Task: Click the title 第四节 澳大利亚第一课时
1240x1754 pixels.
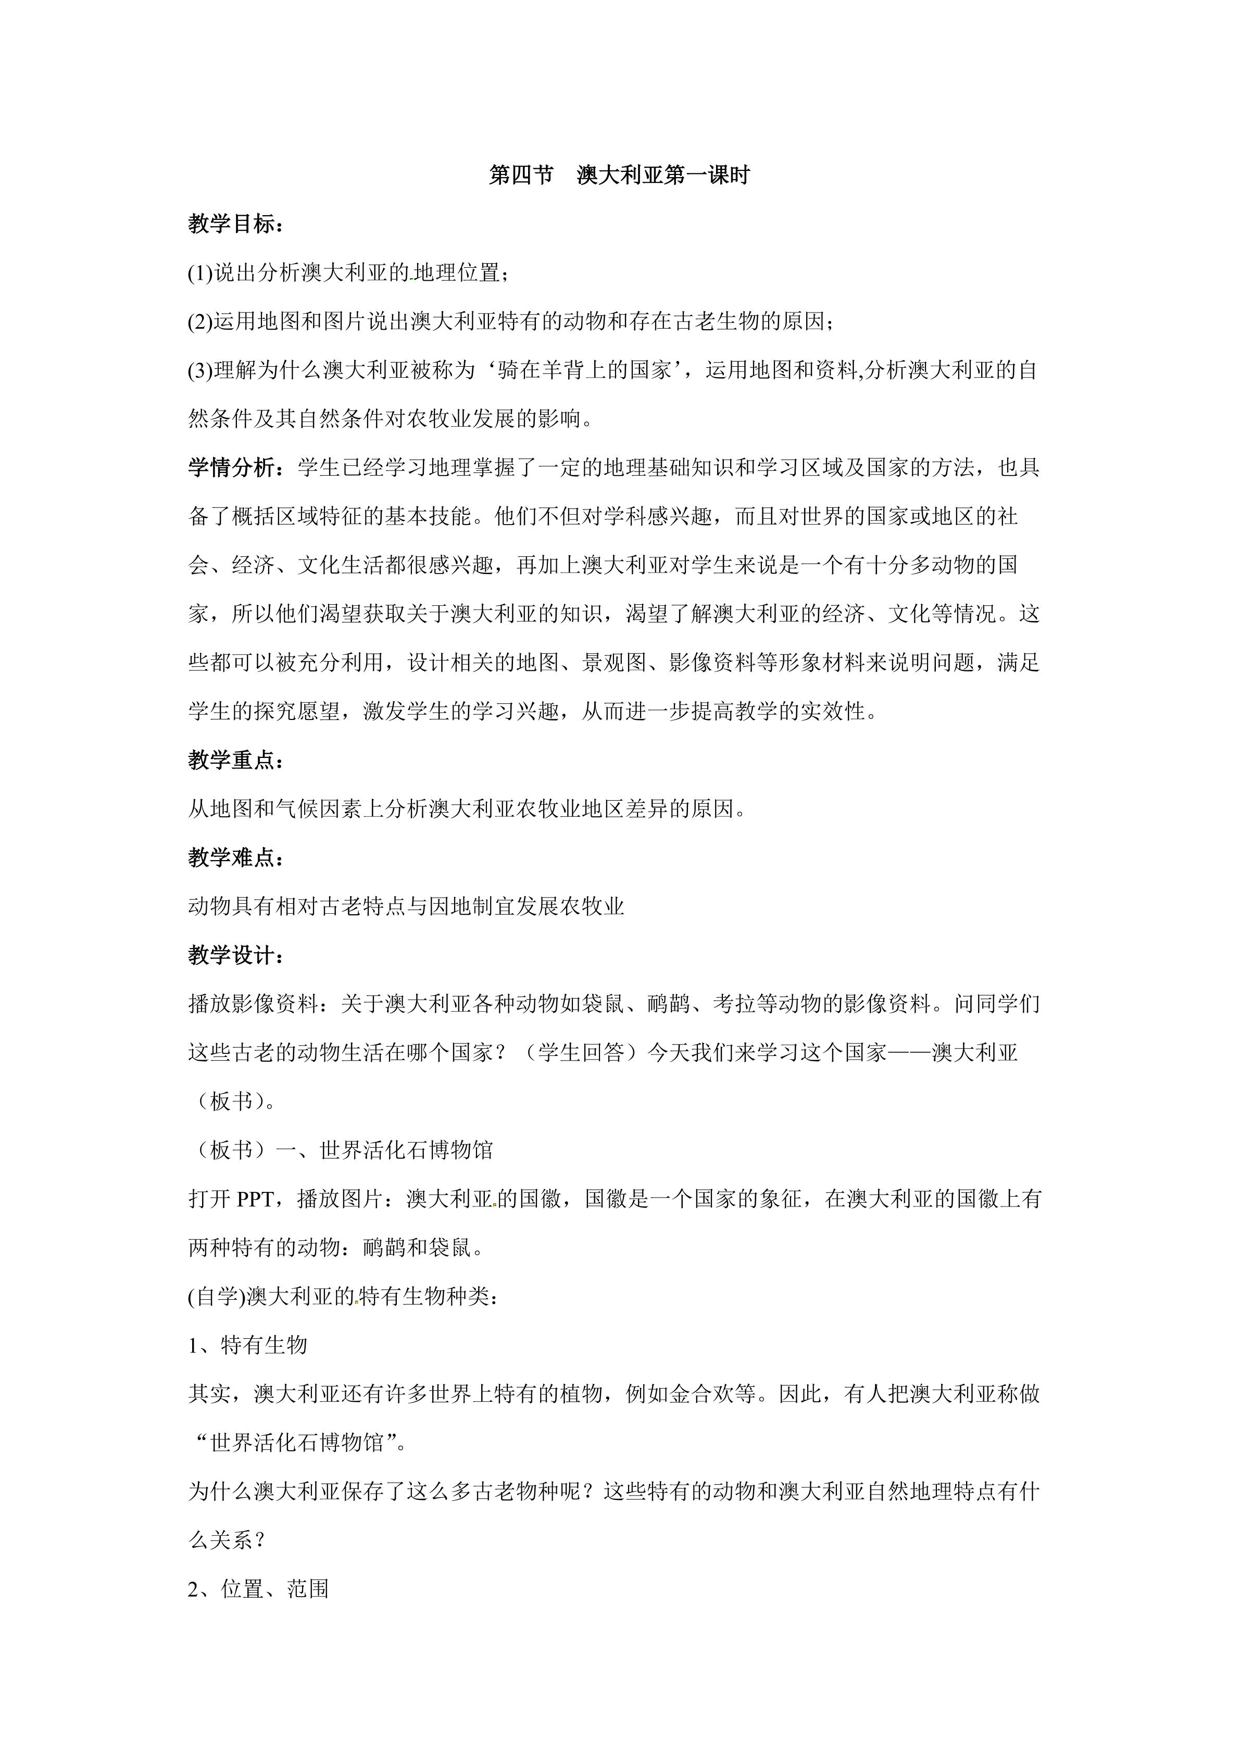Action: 619,175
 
